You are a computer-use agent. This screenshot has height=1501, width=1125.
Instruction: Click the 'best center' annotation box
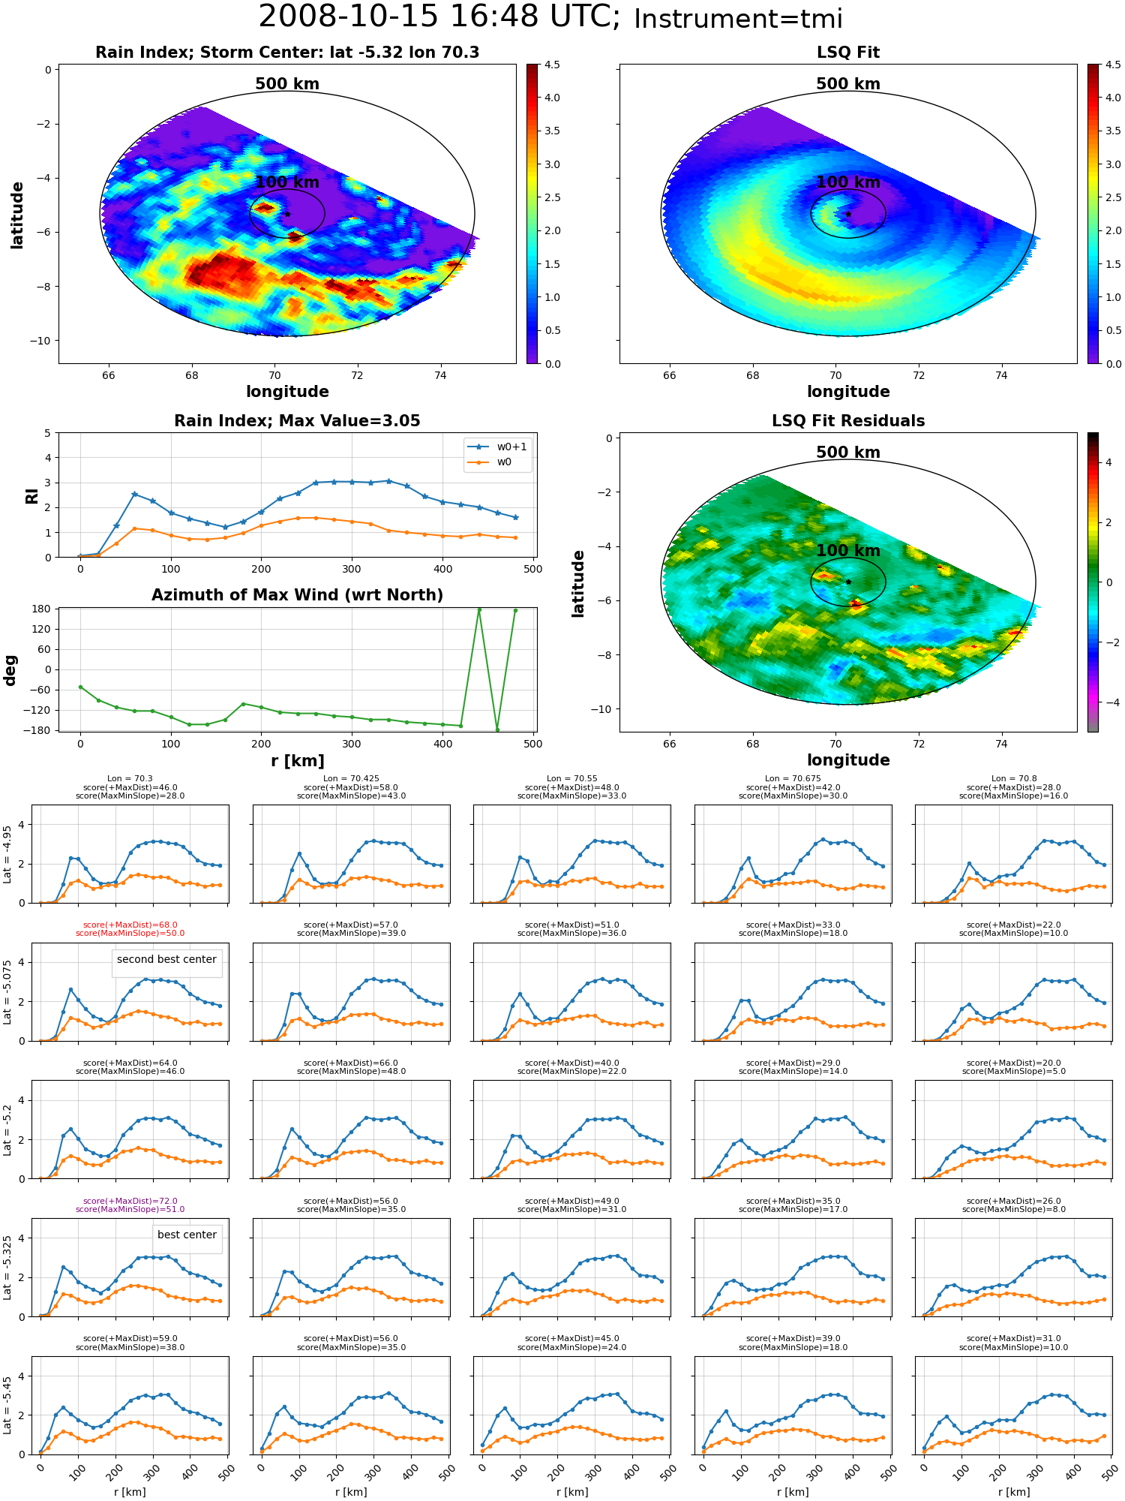click(187, 1235)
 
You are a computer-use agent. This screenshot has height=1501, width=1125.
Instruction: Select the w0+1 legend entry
click(498, 447)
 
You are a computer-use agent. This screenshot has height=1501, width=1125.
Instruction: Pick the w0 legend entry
click(490, 462)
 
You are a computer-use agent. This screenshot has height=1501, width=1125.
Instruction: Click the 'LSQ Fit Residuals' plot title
click(848, 421)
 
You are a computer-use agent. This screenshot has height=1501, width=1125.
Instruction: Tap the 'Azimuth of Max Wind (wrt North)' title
click(297, 595)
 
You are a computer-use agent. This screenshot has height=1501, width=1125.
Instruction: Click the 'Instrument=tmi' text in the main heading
click(738, 19)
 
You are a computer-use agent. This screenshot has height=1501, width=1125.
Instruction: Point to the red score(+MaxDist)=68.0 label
click(130, 925)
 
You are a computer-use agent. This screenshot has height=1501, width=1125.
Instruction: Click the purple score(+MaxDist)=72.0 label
click(130, 1201)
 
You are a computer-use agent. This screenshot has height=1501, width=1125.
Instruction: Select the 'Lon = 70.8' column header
click(1013, 779)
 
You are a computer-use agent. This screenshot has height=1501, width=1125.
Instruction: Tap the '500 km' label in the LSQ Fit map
click(848, 84)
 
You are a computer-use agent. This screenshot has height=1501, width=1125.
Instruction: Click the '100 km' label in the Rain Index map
click(287, 182)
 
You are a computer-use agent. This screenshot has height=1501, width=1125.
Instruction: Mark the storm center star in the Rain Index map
click(287, 214)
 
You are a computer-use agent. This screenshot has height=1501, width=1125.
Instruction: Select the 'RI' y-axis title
click(31, 495)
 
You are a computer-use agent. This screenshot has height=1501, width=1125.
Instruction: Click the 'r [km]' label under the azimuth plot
click(298, 761)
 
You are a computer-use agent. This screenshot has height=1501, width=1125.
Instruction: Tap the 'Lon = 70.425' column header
click(351, 779)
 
